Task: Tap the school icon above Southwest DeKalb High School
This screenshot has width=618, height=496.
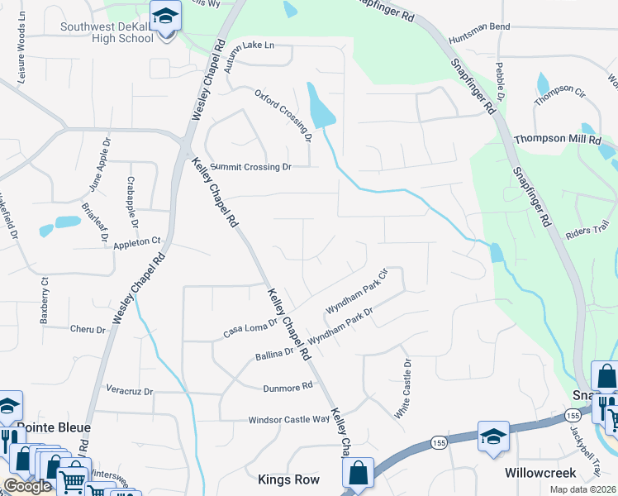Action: click(x=165, y=16)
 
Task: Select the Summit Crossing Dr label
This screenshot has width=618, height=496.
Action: click(x=251, y=167)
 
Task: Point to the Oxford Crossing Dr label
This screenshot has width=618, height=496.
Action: click(x=283, y=112)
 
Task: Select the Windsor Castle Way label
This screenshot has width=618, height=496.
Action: click(x=289, y=420)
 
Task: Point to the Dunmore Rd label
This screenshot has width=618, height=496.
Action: click(x=288, y=387)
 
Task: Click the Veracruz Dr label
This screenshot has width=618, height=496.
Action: click(x=131, y=389)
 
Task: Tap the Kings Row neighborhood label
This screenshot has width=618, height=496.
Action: click(x=287, y=479)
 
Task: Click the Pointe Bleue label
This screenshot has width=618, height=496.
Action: click(x=54, y=428)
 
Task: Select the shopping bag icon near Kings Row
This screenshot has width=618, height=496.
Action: click(x=359, y=474)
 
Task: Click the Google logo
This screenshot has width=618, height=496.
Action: click(x=27, y=486)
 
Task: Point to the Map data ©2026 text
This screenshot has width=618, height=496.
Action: click(x=583, y=489)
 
